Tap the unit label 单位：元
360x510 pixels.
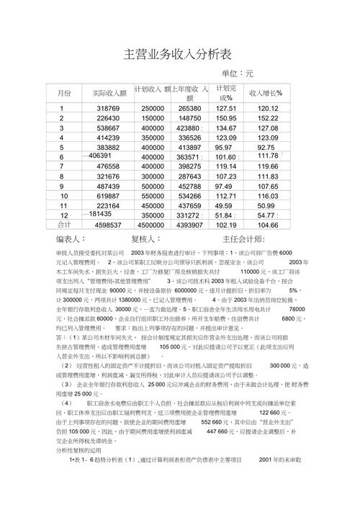[238, 73]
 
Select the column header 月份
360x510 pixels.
[65, 93]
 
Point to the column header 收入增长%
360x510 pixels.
[266, 93]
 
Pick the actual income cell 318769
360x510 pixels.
[108, 108]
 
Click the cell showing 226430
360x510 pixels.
[108, 118]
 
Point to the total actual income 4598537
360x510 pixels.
[108, 225]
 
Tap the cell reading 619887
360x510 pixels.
[108, 196]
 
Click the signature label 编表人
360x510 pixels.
[71, 238]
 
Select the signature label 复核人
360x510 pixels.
[145, 238]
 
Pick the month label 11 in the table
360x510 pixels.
[64, 206]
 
